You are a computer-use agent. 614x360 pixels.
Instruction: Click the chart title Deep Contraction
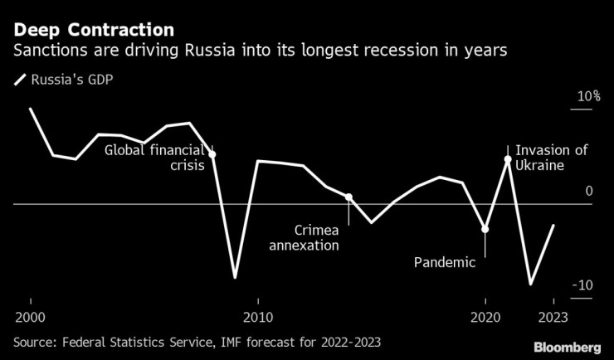[x=93, y=30]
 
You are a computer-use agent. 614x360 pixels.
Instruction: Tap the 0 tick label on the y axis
[x=589, y=192]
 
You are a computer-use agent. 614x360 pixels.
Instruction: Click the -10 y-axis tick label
[x=584, y=285]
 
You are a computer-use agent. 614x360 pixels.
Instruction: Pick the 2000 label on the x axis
[x=30, y=317]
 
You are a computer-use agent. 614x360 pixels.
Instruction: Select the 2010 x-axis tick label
[x=258, y=317]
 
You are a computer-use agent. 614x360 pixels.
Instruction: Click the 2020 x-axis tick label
[x=485, y=317]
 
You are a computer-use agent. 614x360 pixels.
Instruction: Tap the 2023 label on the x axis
[x=553, y=317]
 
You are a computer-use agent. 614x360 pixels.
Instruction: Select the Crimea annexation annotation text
[x=305, y=237]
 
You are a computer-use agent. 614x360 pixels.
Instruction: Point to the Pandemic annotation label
[x=445, y=263]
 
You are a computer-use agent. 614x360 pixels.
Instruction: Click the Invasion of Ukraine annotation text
[x=551, y=158]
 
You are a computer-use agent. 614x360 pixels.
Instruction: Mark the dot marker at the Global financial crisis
[x=212, y=154]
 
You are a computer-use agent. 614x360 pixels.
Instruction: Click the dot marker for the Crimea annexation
[x=348, y=197]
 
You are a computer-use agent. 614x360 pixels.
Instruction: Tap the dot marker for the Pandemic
[x=485, y=229]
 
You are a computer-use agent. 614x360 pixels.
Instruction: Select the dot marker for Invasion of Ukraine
[x=508, y=158]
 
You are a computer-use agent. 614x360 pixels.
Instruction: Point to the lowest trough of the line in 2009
[x=235, y=277]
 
